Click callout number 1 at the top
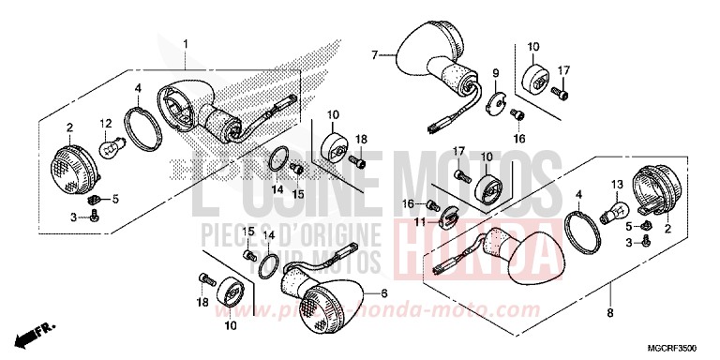click(185, 44)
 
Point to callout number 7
click(375, 56)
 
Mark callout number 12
click(106, 122)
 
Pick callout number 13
click(618, 185)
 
